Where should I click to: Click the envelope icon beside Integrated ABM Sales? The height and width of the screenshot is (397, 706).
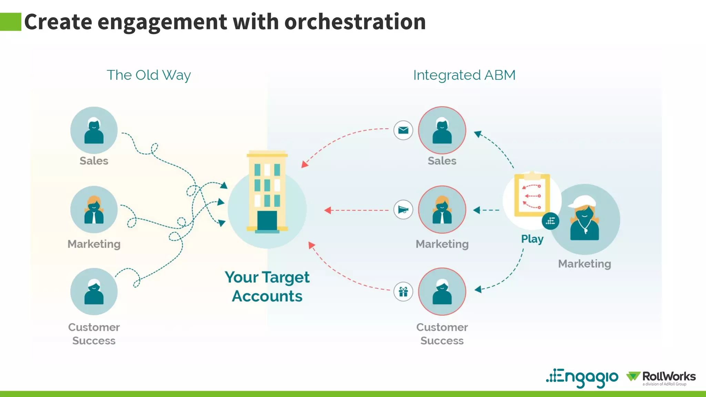point(403,130)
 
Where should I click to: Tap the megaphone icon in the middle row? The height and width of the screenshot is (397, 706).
point(403,210)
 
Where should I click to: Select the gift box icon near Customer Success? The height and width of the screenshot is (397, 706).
point(403,292)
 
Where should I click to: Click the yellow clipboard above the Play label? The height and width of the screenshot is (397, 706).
point(532,195)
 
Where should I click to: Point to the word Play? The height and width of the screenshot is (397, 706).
point(532,239)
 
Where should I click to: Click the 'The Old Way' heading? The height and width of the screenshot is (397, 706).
point(149,75)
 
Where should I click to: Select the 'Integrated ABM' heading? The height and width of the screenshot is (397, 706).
point(464,75)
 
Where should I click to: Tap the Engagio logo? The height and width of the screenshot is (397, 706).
point(582,377)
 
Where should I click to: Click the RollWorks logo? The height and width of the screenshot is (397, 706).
point(661,377)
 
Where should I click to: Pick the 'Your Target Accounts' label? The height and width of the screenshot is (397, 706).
point(267,286)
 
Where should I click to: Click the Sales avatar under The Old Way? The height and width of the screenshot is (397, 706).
point(94,130)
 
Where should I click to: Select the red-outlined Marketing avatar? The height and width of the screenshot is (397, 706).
point(442,210)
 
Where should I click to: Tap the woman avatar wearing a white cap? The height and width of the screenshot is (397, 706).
point(585,219)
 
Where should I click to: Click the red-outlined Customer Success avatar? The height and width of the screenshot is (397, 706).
point(442,292)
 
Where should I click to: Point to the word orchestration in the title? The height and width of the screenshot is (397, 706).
point(355,22)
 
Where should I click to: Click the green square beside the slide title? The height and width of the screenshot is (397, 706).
point(11,22)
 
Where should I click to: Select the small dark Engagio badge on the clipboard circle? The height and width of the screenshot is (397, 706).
point(550,221)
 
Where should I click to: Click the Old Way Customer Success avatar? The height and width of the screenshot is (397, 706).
point(94,292)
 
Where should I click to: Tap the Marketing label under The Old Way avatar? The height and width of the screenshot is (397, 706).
point(94,244)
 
